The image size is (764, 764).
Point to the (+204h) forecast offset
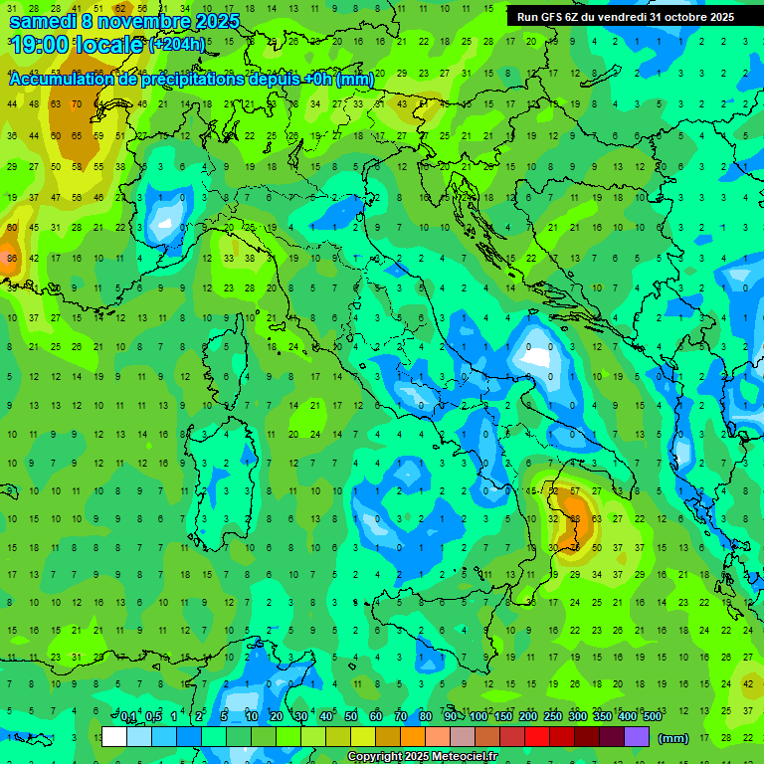coord(177,45)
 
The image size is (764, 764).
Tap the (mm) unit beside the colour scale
coord(673,738)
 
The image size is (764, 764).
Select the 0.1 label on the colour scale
coord(127,717)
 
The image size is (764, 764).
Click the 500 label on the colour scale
coord(652,717)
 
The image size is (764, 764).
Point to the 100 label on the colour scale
coord(478,717)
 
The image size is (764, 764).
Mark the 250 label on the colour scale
coord(553,717)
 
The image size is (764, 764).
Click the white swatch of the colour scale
coord(114,737)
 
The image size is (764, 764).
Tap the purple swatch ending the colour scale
coord(637,737)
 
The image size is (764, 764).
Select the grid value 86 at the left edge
coord(12,259)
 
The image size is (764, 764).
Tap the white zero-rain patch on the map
coord(536,355)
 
